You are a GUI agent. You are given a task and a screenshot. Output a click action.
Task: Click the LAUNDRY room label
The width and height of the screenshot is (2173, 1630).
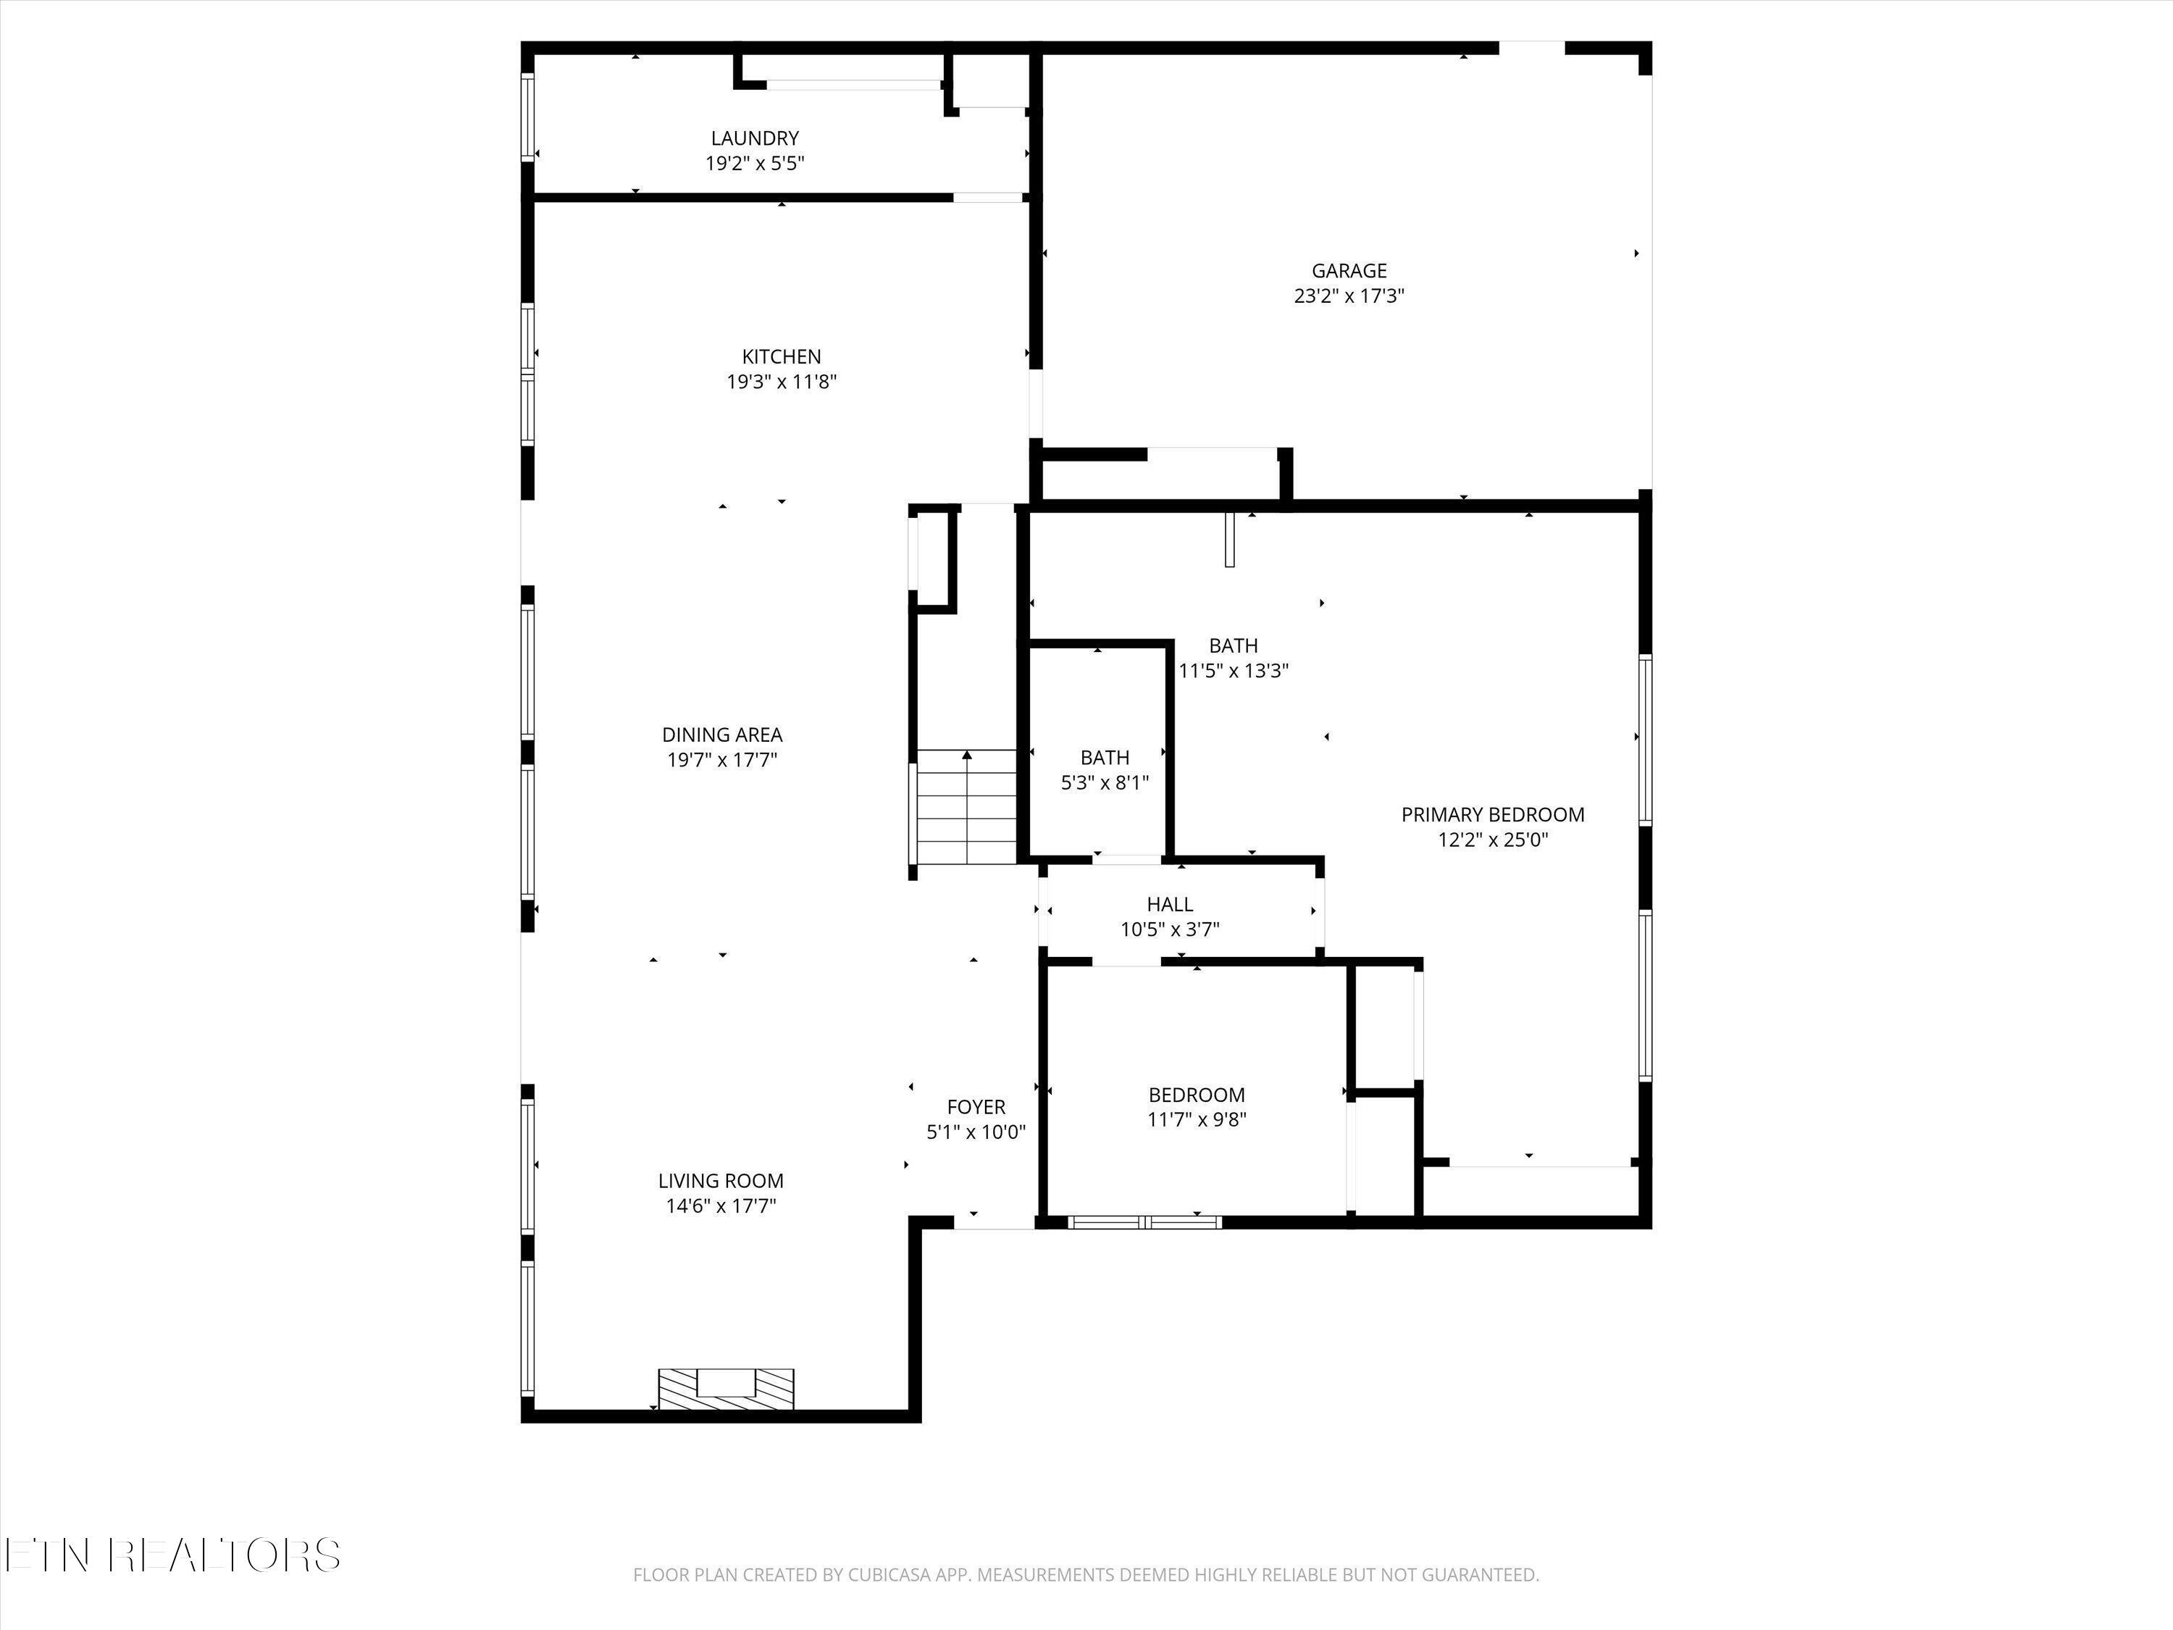[755, 138]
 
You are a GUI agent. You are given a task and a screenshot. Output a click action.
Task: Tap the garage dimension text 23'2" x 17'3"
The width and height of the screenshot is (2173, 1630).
[1349, 296]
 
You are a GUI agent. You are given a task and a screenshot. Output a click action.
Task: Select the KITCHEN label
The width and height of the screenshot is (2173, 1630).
[781, 356]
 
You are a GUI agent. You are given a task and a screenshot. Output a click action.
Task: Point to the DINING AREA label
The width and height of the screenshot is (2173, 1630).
[722, 734]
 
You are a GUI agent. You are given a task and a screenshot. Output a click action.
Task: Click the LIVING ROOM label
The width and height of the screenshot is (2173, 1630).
[720, 1181]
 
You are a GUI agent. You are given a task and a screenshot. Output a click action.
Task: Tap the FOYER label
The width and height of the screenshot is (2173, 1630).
[976, 1107]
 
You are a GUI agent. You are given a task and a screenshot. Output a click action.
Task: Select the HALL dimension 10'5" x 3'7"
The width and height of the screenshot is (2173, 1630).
[1170, 929]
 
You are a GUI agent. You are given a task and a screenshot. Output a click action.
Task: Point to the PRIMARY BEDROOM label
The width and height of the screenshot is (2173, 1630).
[1492, 814]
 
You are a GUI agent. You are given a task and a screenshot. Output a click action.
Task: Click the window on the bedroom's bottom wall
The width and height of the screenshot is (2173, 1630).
[1144, 1222]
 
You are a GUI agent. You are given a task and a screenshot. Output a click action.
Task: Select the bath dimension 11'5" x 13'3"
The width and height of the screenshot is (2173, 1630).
[1233, 671]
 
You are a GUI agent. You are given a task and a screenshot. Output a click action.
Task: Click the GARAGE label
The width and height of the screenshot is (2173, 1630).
[1349, 270]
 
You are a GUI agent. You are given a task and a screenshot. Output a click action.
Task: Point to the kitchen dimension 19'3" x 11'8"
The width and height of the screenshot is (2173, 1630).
[781, 383]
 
